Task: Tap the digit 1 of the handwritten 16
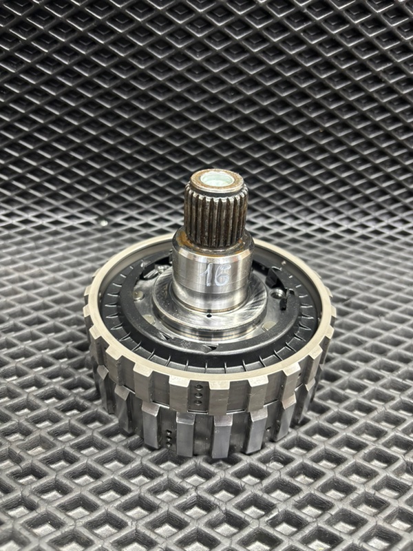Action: [x=209, y=275]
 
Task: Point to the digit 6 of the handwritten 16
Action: [x=222, y=274]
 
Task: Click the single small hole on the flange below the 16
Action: [x=210, y=315]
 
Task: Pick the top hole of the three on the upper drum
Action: [x=199, y=387]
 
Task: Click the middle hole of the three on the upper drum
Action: [x=199, y=394]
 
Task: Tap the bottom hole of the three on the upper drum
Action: [x=199, y=402]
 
